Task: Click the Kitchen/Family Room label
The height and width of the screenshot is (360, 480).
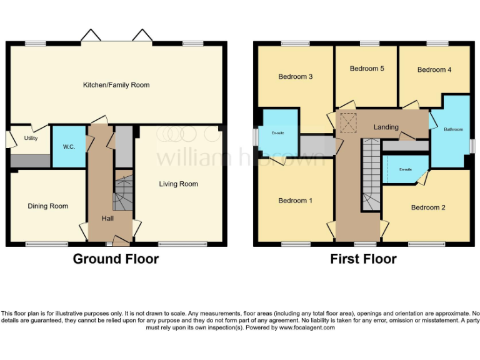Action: tap(117, 85)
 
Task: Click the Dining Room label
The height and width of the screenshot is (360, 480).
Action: tap(48, 206)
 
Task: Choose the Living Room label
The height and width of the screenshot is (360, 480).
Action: tap(178, 184)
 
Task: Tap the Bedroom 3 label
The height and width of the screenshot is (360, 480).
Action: tap(295, 77)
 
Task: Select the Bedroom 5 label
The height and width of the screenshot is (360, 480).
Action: tap(367, 69)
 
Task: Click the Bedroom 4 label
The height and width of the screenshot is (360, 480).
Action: tap(434, 70)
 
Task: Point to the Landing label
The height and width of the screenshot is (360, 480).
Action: tap(386, 127)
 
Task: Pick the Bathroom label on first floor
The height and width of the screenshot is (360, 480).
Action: tap(454, 129)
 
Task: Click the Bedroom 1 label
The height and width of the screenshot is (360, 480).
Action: tap(295, 201)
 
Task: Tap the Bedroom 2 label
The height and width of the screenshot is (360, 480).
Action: tap(428, 207)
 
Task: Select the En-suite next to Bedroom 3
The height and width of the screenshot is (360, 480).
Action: tap(277, 133)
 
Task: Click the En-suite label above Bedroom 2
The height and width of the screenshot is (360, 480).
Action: tap(405, 169)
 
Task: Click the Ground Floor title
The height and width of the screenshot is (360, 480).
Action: tap(116, 259)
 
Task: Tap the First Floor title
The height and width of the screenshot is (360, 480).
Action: tap(363, 259)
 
